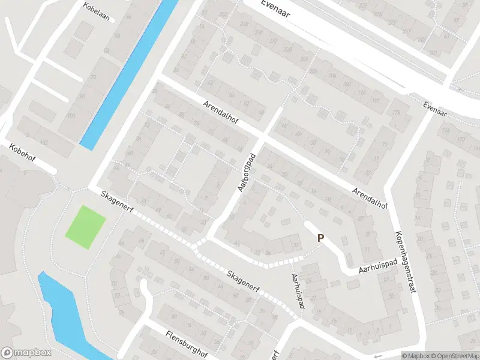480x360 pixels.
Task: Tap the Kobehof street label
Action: pos(22,154)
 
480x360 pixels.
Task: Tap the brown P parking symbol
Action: pos(320,238)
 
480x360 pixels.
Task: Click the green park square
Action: pos(86,227)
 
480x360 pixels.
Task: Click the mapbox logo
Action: pos(26,353)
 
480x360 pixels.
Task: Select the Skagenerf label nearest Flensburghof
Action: pos(247,283)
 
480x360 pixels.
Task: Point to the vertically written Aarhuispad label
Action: pos(298,292)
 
